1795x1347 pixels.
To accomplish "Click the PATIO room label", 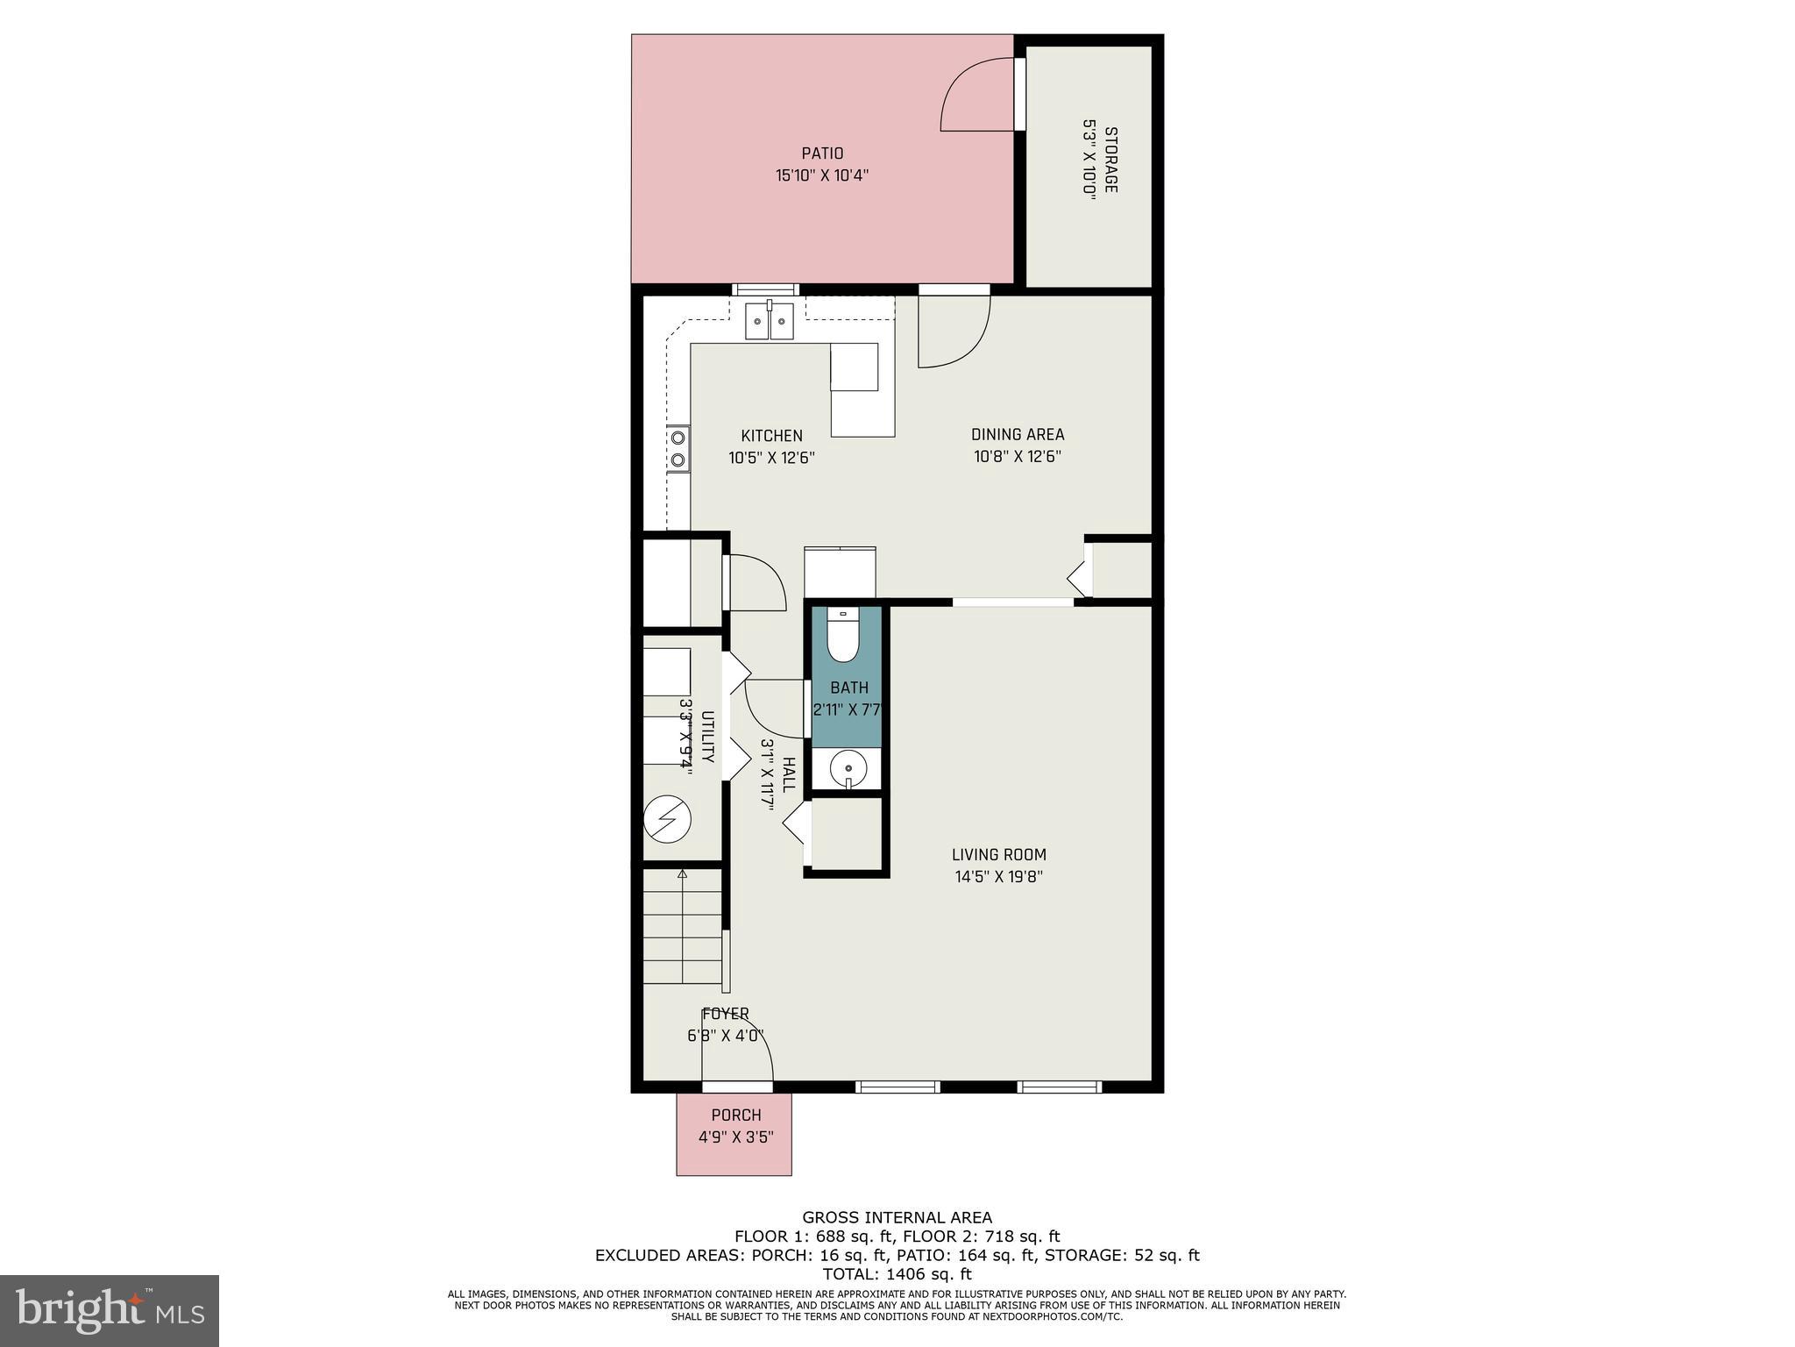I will pos(821,153).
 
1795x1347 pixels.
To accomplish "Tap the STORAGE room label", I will pos(1110,160).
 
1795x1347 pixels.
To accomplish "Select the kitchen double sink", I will pos(770,321).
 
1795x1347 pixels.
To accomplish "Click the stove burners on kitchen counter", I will pos(678,448).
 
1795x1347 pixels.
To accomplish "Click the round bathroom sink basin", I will pos(848,769).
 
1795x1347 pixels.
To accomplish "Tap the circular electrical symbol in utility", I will pos(667,819).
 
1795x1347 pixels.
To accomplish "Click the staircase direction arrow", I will pos(682,873).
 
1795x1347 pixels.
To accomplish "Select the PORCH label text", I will pos(735,1115).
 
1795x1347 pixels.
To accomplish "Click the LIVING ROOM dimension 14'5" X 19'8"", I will pos(998,876).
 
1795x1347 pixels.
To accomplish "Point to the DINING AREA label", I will pos(1017,434).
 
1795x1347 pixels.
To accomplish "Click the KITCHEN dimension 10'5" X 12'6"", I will pos(771,457).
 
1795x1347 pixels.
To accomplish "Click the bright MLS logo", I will pos(110,1310).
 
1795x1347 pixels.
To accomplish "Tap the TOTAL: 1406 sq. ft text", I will pos(896,1274).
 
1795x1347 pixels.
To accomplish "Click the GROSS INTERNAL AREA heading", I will pos(897,1217).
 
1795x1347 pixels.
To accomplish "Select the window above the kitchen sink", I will pos(765,289).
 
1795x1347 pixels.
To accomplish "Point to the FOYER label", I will pos(725,1014).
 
